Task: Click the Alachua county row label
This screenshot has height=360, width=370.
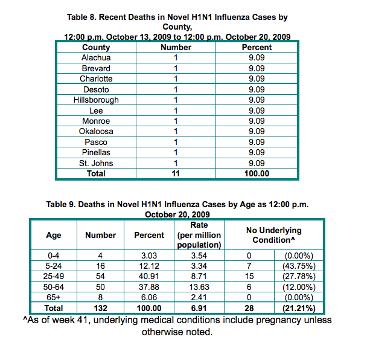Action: (96, 58)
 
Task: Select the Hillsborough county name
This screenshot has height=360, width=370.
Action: (96, 100)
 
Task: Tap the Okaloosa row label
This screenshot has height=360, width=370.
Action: (96, 131)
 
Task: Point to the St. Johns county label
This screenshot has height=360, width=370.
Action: (96, 162)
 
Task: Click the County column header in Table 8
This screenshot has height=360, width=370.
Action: (96, 47)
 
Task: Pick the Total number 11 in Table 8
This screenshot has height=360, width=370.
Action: (176, 173)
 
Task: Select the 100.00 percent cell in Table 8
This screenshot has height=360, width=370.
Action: (257, 173)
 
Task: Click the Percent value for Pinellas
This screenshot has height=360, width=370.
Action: (257, 152)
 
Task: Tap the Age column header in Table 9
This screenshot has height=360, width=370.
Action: (54, 236)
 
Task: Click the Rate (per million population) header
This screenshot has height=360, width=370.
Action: (199, 236)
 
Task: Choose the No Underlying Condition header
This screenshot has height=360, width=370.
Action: (273, 236)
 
